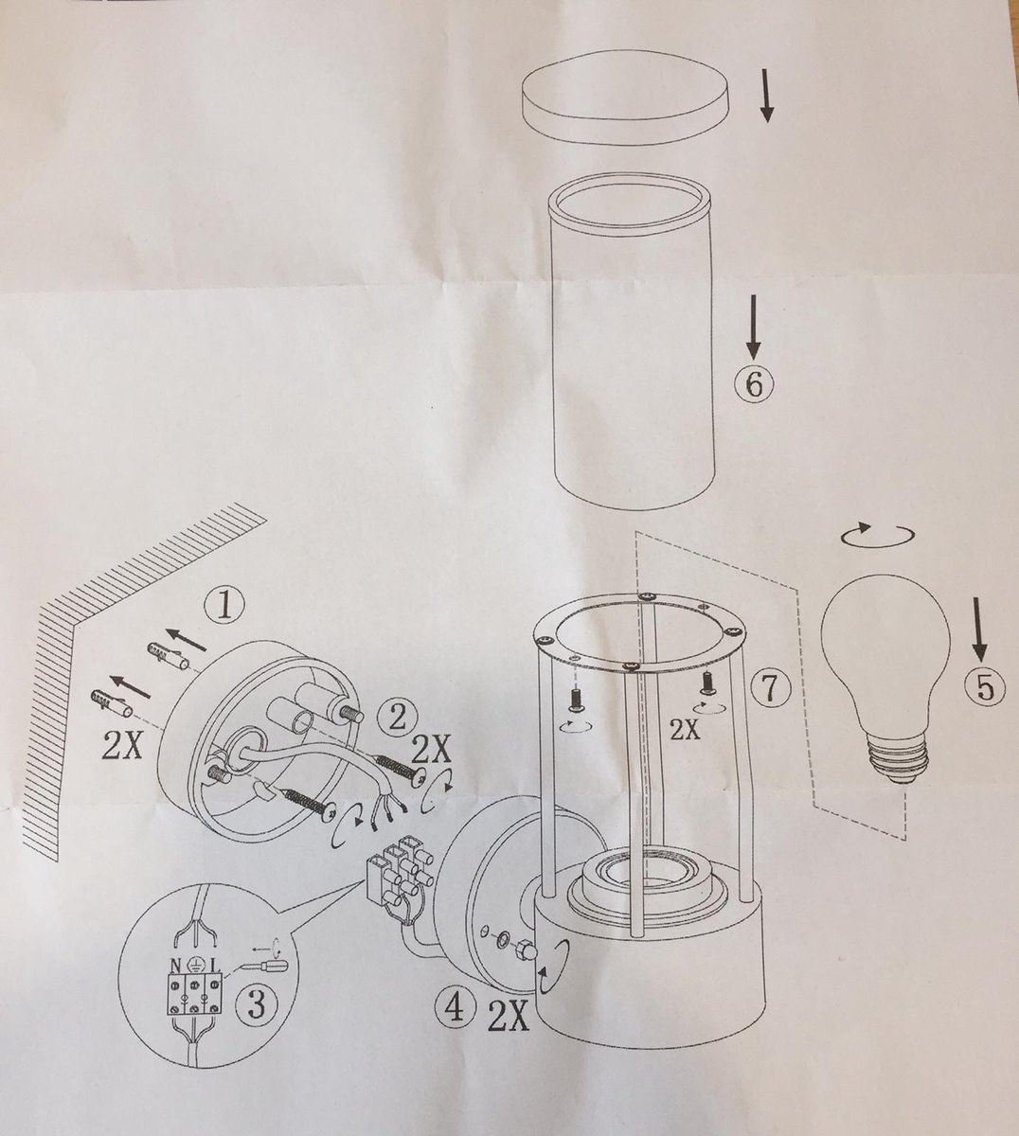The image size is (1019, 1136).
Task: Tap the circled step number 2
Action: point(397,719)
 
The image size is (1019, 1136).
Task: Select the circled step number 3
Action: point(256,1002)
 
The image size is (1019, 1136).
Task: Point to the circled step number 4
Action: point(454,1009)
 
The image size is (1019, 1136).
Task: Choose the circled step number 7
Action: point(771,687)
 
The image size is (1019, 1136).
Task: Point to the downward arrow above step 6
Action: point(754,326)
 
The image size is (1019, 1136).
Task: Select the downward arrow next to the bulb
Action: point(980,630)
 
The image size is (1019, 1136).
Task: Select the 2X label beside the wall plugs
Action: point(122,745)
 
